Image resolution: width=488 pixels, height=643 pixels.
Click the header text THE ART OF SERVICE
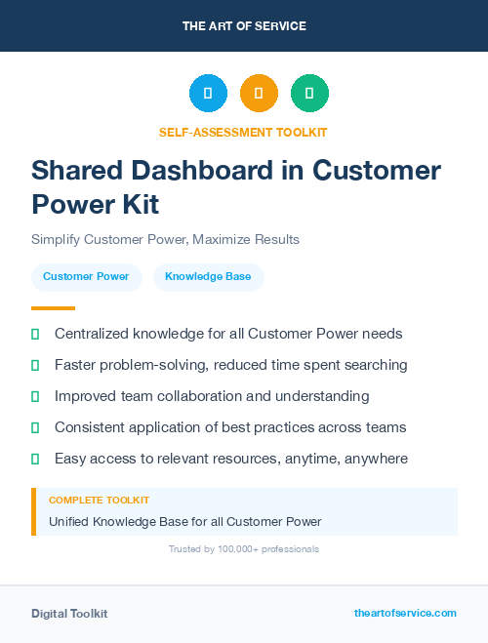244,25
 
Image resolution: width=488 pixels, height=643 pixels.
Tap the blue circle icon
208,94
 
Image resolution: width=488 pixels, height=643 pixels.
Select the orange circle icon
259,94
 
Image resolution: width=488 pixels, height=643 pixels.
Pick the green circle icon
309,94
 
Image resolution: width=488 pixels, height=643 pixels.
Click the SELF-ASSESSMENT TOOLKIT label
243,132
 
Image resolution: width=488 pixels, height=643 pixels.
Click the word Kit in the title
138,205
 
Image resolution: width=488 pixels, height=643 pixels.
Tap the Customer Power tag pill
86,277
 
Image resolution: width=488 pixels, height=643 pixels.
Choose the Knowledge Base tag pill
208,277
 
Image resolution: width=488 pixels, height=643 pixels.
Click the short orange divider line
53,308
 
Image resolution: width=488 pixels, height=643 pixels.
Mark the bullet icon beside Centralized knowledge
35,334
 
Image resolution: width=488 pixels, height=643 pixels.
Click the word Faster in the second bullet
77,365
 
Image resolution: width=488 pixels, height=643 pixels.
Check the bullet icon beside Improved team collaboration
35,396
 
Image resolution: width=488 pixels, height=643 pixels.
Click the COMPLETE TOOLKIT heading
100,501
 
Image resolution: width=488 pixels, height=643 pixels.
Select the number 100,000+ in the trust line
240,549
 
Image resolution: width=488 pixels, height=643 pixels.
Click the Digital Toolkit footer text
69,614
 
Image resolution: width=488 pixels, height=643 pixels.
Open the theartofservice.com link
405,613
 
